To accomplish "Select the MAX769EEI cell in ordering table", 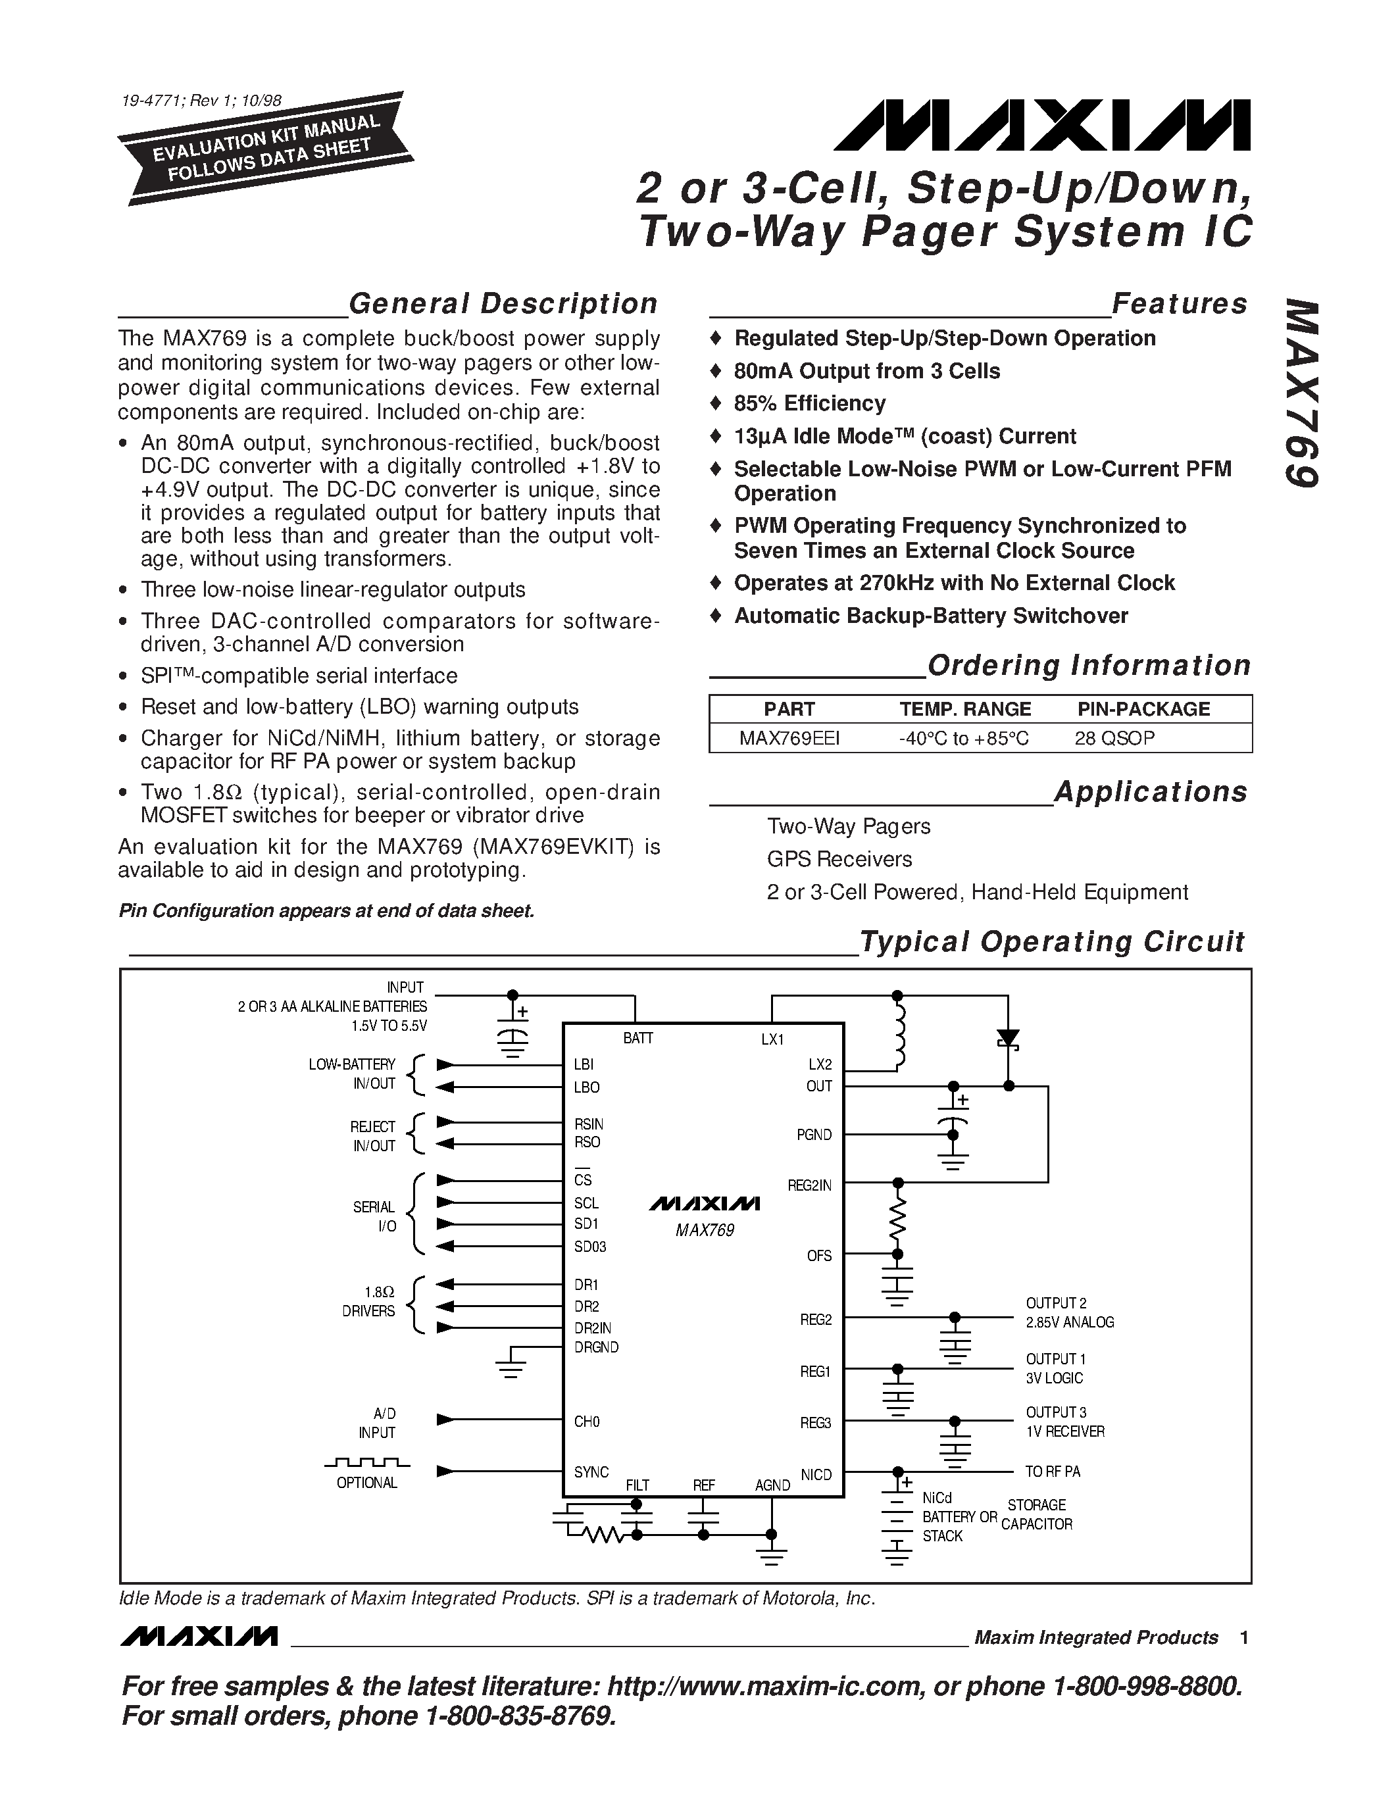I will coord(789,738).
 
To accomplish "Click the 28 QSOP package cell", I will coord(1114,738).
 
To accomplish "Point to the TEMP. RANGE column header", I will coord(965,709).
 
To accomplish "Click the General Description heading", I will coord(503,304).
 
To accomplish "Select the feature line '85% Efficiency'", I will coord(809,403).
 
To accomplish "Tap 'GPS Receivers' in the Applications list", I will coord(839,859).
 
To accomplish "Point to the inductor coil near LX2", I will coord(899,1035).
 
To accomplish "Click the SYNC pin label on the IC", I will coord(591,1472).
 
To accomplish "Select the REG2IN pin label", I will coord(809,1185).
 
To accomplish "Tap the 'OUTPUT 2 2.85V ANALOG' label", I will coord(1069,1313).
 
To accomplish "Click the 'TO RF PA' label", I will coord(1052,1472).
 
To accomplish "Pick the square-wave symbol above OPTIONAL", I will coord(367,1463).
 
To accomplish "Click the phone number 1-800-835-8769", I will coord(520,1716).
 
